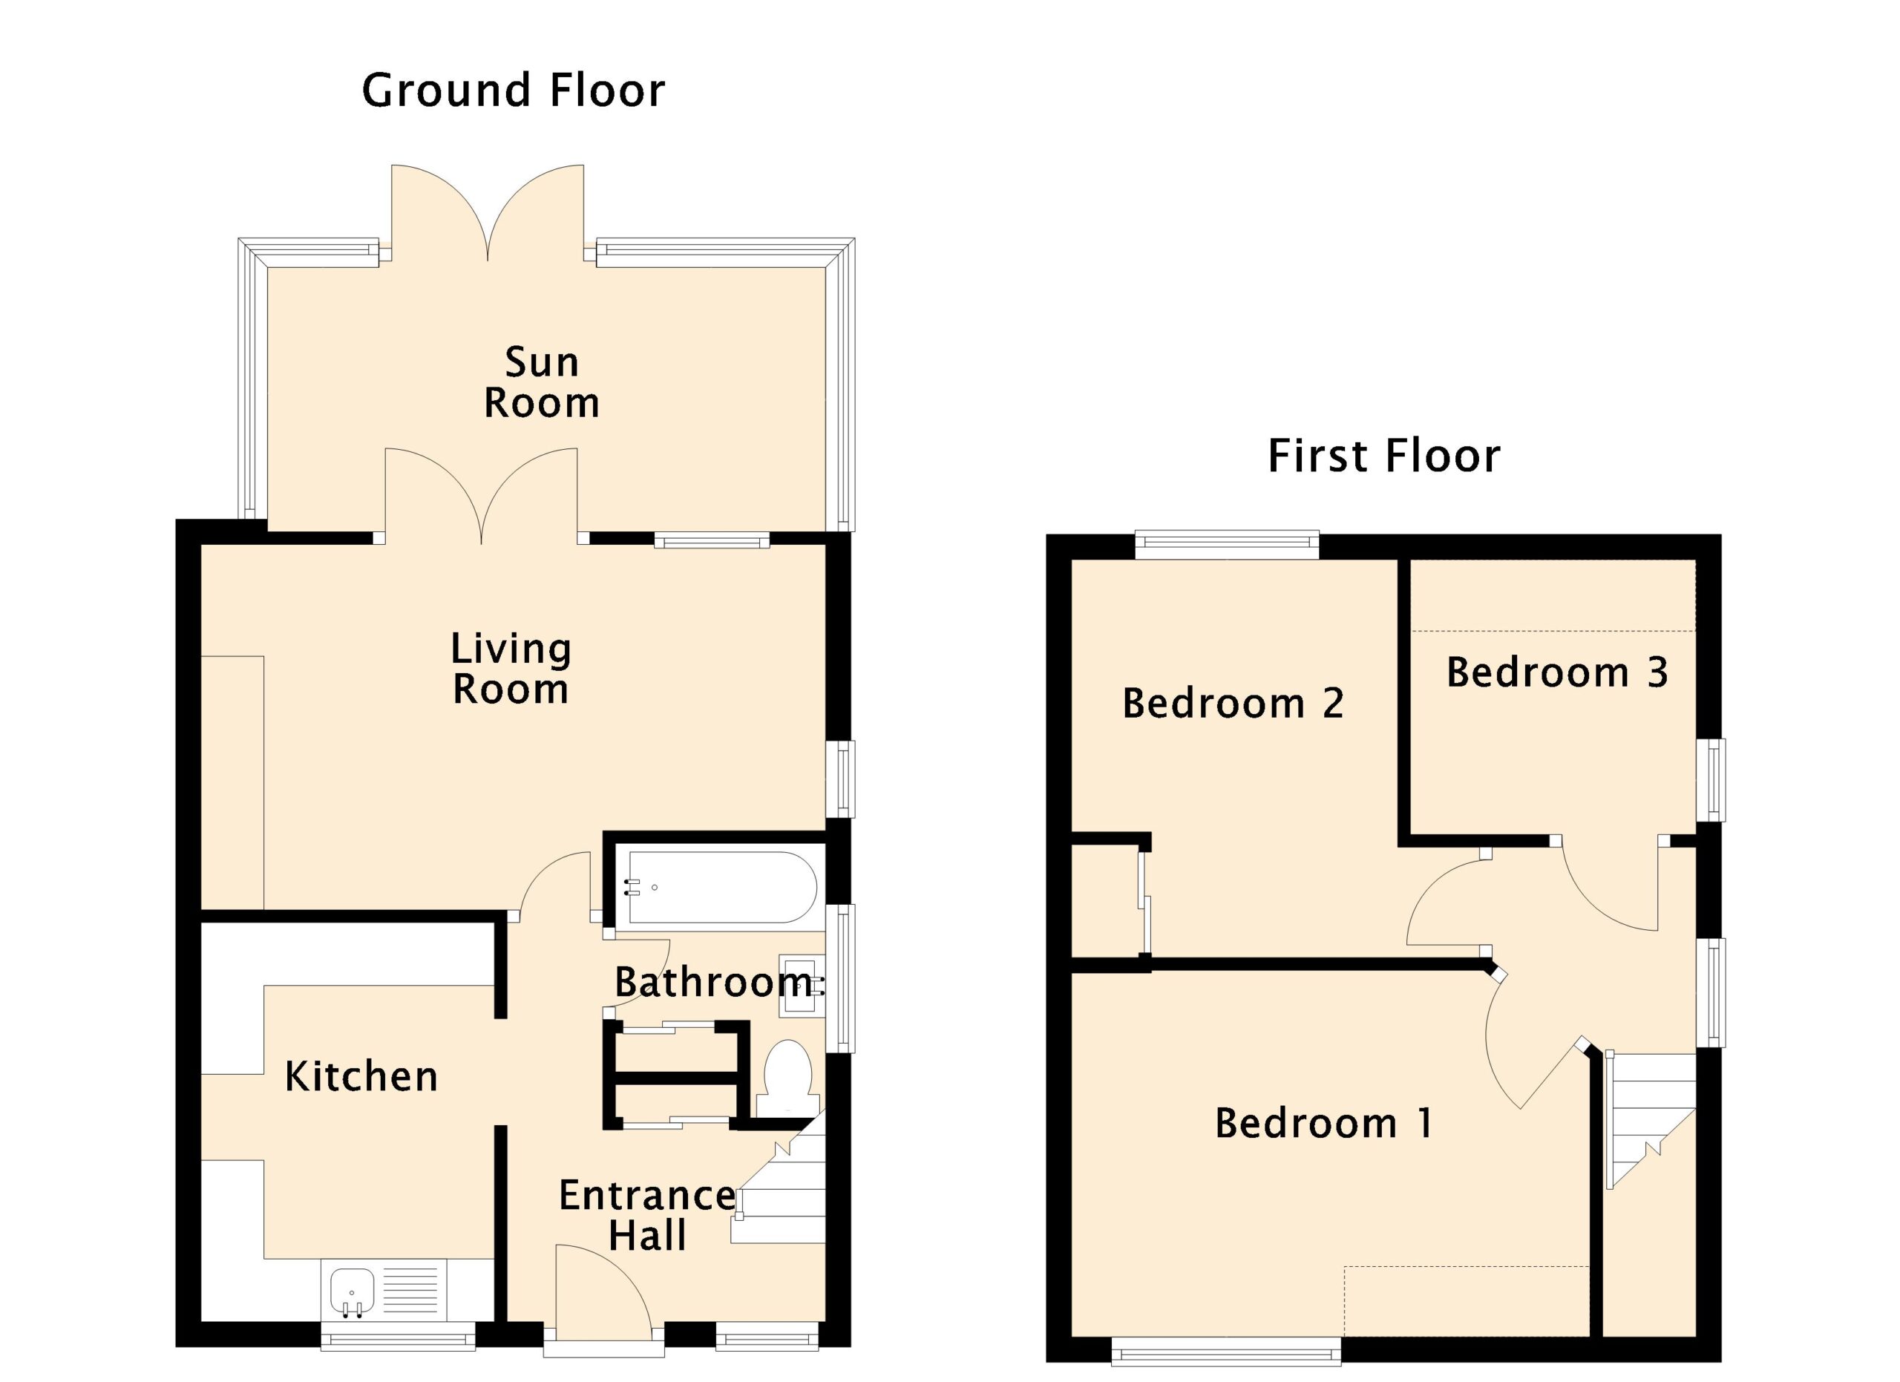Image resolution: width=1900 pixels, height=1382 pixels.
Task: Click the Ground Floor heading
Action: (513, 91)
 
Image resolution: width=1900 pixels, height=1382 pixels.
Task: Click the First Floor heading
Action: (1383, 456)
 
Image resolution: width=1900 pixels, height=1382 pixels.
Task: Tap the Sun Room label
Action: (541, 383)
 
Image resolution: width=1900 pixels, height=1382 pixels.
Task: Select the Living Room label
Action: (511, 669)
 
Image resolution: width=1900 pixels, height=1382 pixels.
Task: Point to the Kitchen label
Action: (361, 1076)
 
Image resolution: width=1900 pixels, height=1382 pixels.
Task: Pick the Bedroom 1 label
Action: (1323, 1123)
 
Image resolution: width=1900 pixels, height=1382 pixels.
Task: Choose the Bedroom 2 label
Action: (1232, 703)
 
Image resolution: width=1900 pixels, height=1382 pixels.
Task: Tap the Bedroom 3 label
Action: (1556, 672)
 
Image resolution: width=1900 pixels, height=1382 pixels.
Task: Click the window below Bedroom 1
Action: (1226, 1351)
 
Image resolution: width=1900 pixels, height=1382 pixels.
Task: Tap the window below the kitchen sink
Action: (399, 1336)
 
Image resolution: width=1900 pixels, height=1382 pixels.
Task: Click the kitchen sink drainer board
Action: (410, 1291)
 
